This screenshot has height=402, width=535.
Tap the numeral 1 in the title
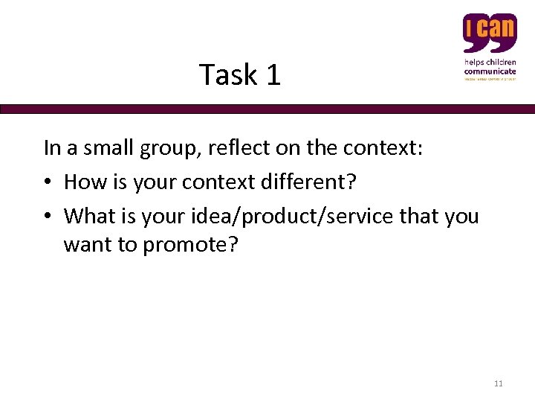coord(272,75)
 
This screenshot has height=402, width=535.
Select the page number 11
coord(498,383)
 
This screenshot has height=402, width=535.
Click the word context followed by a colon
coord(383,148)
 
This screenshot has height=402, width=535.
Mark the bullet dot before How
coord(48,183)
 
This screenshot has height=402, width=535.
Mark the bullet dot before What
coord(48,217)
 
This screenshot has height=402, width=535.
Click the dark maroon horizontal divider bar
coord(267,109)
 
